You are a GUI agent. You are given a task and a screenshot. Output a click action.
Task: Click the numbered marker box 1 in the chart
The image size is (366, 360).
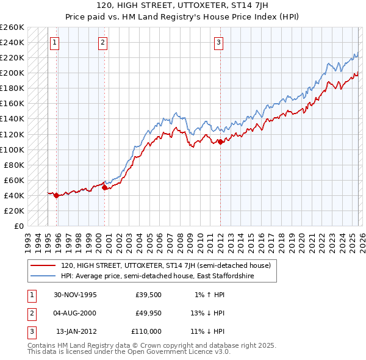(55, 42)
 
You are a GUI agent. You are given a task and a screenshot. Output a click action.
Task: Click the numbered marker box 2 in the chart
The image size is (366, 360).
(102, 42)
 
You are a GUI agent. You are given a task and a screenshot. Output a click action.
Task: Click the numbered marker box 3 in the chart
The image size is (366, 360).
(218, 42)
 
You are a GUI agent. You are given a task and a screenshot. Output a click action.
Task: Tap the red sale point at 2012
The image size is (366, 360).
(220, 142)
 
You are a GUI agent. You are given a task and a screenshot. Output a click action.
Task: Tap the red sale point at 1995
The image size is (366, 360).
(57, 196)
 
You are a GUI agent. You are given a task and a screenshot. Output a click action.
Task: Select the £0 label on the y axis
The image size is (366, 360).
(18, 226)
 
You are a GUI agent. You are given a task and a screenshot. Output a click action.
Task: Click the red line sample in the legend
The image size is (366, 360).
(44, 265)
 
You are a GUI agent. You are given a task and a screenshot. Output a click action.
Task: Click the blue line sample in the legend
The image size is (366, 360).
(44, 276)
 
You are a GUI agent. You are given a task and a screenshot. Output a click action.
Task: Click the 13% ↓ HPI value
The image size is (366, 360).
(207, 314)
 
